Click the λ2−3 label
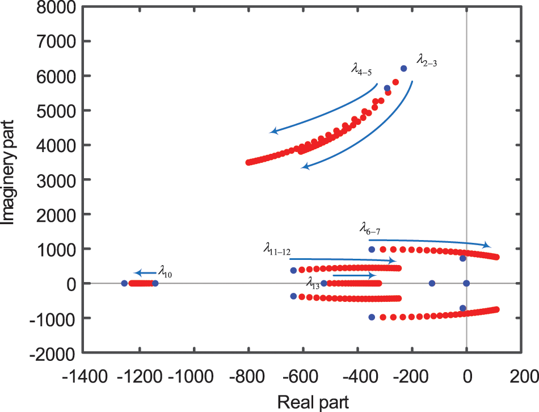coord(427,60)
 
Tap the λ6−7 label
coord(370,230)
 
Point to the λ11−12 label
coord(277,249)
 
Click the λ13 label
coord(313,281)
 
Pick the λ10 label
coord(165,274)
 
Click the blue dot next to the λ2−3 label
coord(404,69)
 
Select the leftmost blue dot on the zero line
coord(124,283)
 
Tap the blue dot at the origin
coord(466,283)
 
